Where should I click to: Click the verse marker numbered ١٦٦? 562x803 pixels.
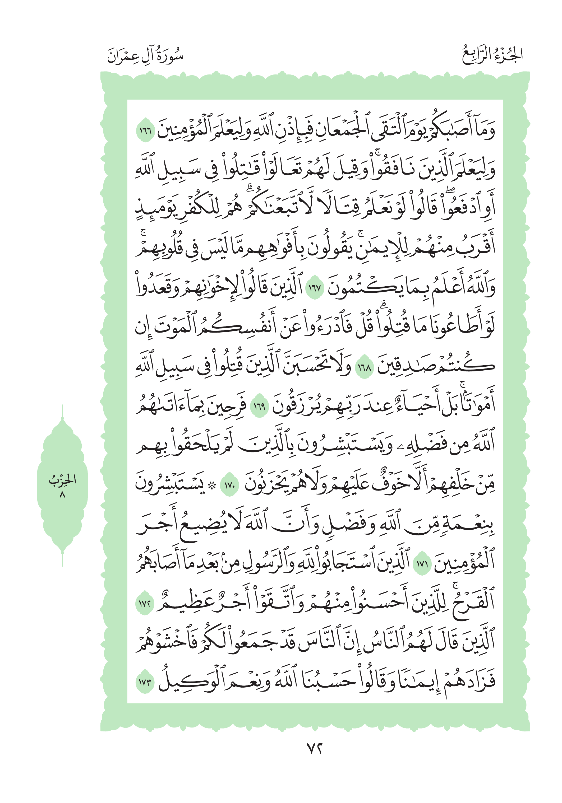point(145,132)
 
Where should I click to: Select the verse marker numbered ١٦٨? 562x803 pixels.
point(365,368)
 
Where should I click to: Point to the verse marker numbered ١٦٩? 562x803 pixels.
point(260,407)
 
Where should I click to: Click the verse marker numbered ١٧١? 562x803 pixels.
point(422,564)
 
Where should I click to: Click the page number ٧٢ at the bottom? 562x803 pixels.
point(314,749)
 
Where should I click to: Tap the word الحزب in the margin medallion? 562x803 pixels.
point(62,479)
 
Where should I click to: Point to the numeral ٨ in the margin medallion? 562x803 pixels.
point(62,494)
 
